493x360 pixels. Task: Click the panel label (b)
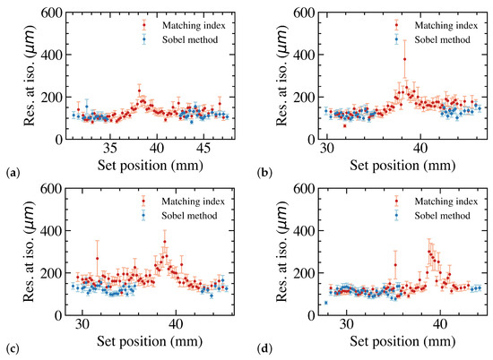point(258,168)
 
